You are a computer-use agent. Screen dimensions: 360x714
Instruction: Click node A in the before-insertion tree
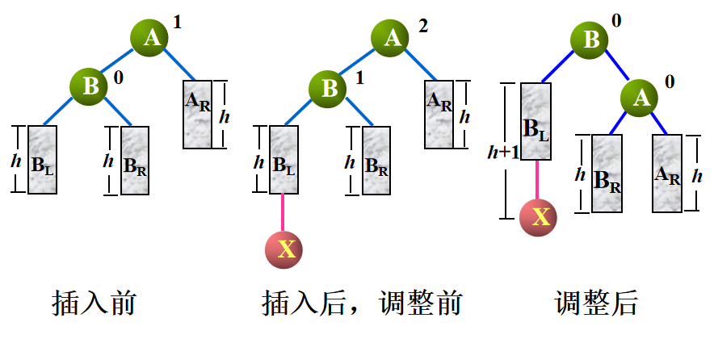[x=151, y=37]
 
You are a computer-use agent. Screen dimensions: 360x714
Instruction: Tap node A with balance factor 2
[x=391, y=37]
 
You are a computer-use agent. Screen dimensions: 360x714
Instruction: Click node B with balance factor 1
[x=330, y=87]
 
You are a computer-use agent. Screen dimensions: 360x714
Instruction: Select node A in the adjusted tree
[x=640, y=98]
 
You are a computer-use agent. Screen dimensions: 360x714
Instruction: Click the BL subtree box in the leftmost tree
[x=43, y=160]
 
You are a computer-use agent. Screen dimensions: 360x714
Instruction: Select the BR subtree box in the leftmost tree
[x=135, y=160]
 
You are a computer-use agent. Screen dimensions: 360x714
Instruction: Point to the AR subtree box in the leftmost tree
[x=197, y=114]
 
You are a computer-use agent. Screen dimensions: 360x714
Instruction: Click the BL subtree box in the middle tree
[x=283, y=160]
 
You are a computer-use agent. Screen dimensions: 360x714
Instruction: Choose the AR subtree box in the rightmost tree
[x=666, y=173]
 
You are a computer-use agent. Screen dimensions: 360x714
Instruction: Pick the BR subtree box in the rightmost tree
[x=607, y=173]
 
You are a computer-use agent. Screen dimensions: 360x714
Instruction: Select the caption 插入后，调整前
[x=362, y=304]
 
